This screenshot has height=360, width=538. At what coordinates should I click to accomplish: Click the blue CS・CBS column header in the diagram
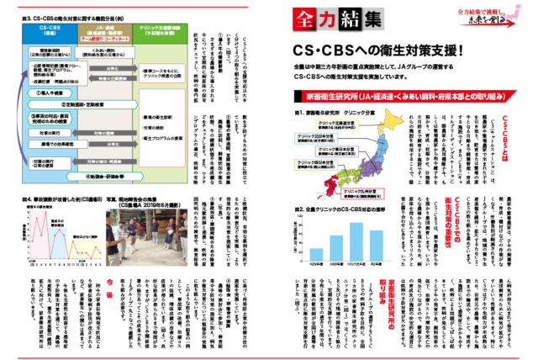tap(49, 31)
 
